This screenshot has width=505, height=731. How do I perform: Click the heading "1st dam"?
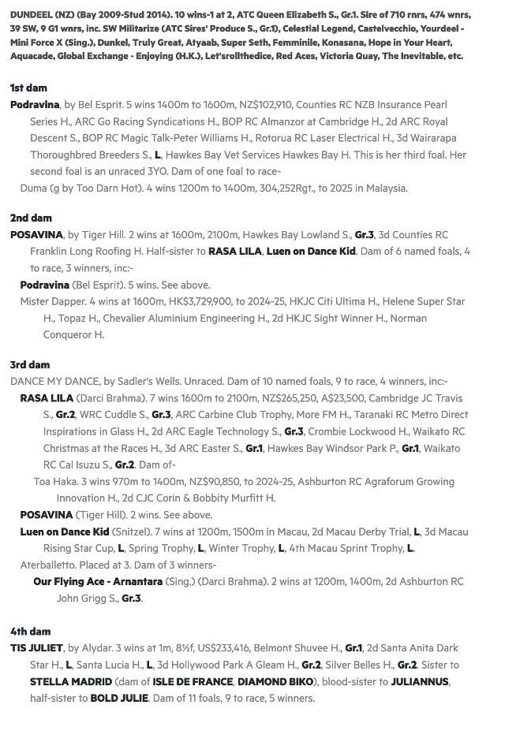pyautogui.click(x=28, y=88)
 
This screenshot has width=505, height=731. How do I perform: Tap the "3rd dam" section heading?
pyautogui.click(x=29, y=364)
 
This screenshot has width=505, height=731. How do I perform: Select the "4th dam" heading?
pyautogui.click(x=30, y=631)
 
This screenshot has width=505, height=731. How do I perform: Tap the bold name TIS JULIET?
pyautogui.click(x=36, y=648)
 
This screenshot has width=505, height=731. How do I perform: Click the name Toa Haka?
pyautogui.click(x=54, y=481)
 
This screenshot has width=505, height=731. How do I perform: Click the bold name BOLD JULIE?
pyautogui.click(x=119, y=698)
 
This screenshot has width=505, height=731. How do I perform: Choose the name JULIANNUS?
pyautogui.click(x=420, y=681)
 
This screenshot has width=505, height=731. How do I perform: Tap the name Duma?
pyautogui.click(x=33, y=188)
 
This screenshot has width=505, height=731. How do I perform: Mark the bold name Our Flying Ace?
pyautogui.click(x=69, y=581)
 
